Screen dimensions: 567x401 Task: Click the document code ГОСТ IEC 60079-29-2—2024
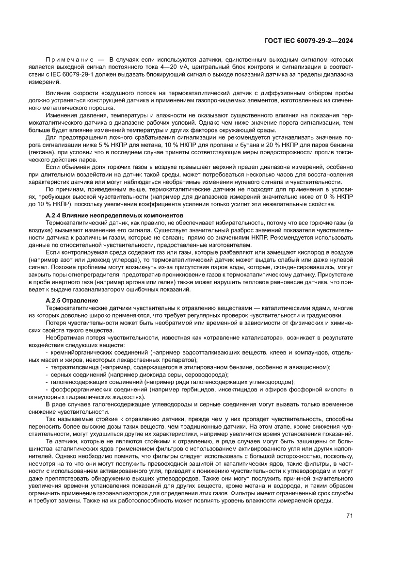click(308, 41)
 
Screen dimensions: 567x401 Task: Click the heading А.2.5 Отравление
click(72, 301)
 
